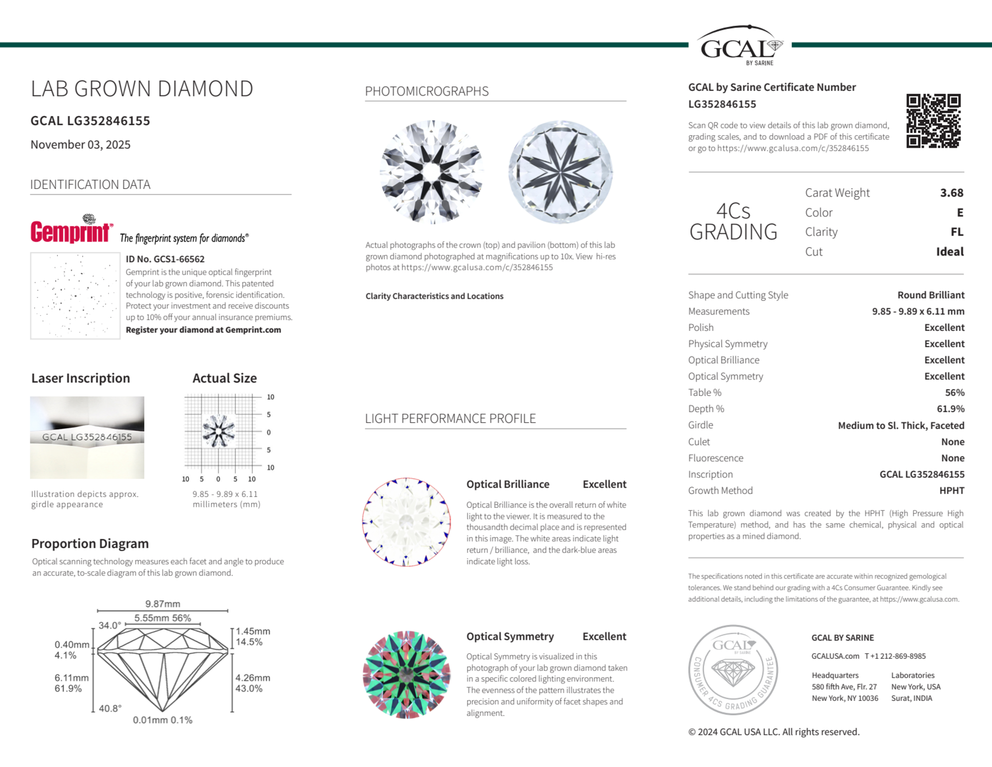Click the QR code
tap(933, 121)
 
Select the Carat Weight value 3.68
tap(951, 192)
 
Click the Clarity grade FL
tap(957, 232)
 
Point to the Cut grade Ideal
tap(949, 252)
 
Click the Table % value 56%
tap(954, 392)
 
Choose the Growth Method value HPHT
tap(951, 490)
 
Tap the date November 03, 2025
tap(80, 144)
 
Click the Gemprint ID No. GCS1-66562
tap(165, 259)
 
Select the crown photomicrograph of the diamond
tap(431, 172)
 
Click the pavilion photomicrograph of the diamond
tap(560, 172)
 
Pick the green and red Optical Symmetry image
tap(407, 675)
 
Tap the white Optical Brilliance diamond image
tap(407, 522)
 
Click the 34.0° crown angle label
tap(110, 625)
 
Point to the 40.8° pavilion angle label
tap(110, 708)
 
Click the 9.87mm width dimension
tap(163, 604)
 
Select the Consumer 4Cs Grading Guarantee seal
tap(733, 670)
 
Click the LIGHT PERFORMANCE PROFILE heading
tap(450, 418)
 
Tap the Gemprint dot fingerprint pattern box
tap(75, 296)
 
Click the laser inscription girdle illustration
tap(87, 437)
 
